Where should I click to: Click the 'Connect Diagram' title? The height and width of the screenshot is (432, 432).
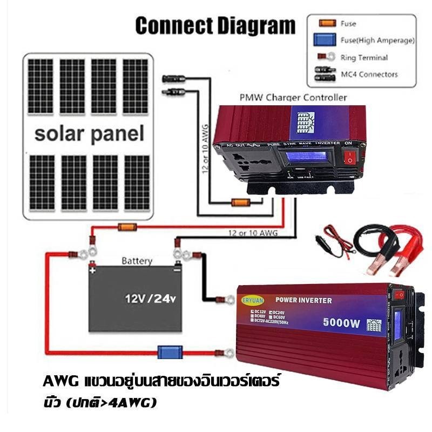[x=215, y=25]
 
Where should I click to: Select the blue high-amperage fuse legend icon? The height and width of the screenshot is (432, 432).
[x=325, y=40]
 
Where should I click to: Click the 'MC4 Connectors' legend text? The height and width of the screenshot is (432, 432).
[x=369, y=74]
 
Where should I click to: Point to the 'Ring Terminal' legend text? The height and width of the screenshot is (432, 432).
[x=364, y=57]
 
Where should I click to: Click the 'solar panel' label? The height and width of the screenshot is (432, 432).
[x=89, y=133]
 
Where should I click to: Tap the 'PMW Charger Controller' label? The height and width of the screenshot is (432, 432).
[x=292, y=98]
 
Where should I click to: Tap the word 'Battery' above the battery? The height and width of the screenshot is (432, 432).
[x=137, y=261]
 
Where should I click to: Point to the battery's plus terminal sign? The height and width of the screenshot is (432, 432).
[x=93, y=269]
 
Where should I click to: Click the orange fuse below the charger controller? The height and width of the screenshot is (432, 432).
[x=240, y=203]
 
